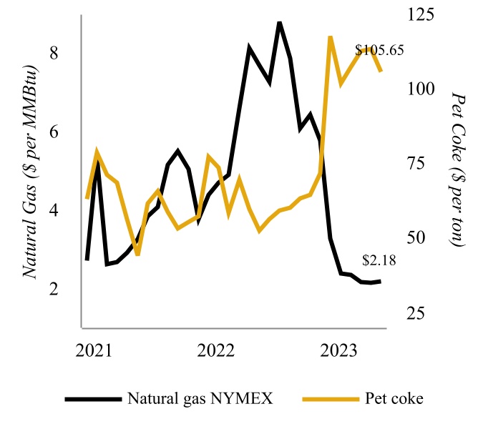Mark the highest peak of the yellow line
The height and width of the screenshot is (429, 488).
click(330, 36)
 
